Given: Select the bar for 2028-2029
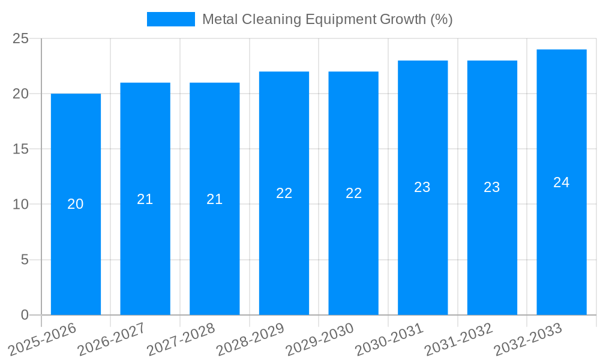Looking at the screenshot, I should click(284, 240).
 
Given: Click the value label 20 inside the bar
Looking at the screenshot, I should click(76, 204).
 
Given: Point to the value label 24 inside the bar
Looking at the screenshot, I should click(562, 182).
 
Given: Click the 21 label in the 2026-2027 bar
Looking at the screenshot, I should click(145, 199).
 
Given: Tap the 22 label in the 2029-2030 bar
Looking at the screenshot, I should click(354, 193).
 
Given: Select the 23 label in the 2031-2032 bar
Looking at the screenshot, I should click(492, 187).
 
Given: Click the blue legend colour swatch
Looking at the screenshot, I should click(171, 19).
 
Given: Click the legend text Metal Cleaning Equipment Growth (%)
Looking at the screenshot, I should click(327, 19).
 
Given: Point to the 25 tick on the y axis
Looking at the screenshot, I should click(20, 38).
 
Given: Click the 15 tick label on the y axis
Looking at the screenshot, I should click(20, 149).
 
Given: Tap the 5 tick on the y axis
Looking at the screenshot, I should click(25, 260).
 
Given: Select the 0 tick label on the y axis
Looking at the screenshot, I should click(25, 315).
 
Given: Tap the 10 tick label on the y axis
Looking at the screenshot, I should click(20, 205).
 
